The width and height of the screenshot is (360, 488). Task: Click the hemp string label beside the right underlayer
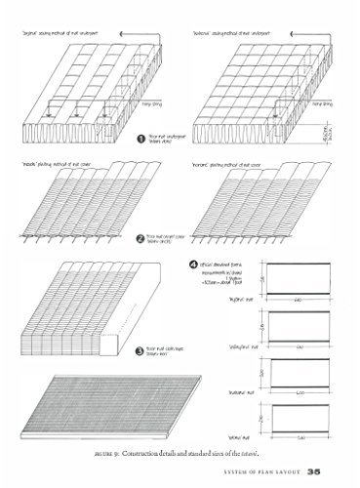tap(320, 100)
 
